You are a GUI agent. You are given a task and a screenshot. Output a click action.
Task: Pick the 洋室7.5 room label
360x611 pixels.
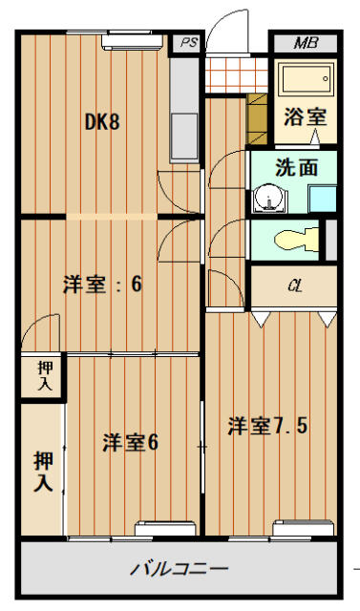point(267,427)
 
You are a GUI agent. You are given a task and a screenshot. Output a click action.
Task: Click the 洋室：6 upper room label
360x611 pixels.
point(102,284)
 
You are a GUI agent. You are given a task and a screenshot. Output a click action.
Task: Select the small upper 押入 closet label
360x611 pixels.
point(45,375)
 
